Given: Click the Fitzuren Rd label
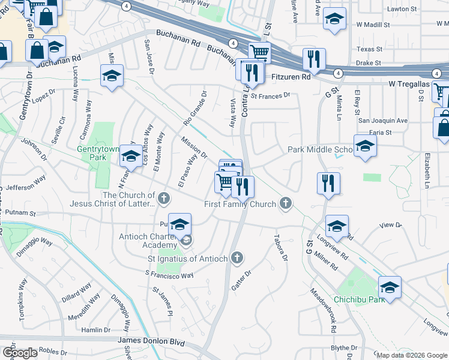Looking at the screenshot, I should click(291, 77).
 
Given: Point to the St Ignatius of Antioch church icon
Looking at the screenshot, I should click(237, 259).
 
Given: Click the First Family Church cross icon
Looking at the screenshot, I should click(286, 204).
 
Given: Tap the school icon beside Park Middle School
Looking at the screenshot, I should click(365, 146).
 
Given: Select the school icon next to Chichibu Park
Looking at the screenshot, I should click(390, 287).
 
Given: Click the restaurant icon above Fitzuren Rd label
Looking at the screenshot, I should click(314, 59).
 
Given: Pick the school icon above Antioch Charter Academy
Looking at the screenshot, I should click(179, 224).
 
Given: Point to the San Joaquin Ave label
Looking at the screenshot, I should click(383, 121).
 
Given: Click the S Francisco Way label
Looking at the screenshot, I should click(169, 274).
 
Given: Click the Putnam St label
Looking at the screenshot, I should click(20, 213).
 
